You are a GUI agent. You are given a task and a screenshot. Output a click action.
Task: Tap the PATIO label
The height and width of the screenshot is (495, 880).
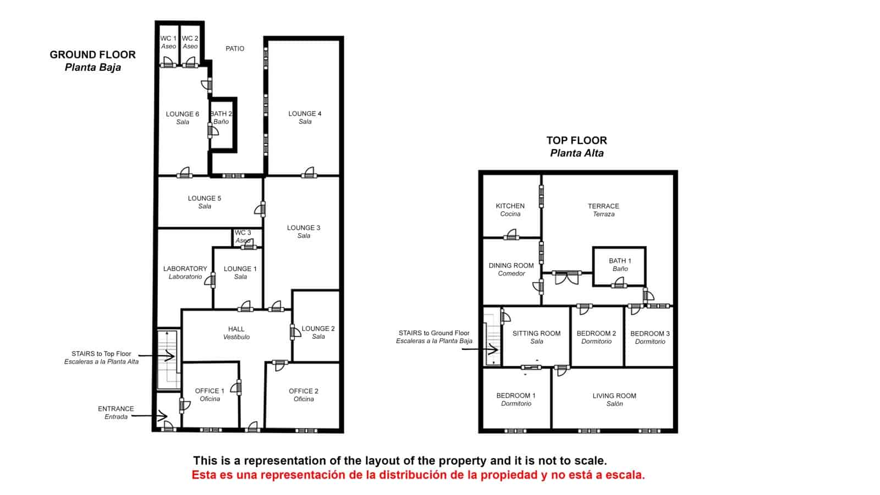(235, 48)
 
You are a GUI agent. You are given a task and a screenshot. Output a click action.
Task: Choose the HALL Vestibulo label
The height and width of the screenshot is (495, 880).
(237, 333)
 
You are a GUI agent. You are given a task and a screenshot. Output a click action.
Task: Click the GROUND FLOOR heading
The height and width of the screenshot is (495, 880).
(92, 55)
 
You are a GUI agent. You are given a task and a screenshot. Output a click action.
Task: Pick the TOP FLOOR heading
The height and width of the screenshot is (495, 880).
(576, 141)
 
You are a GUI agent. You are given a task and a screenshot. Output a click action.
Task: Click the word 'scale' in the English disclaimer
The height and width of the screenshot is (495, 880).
(590, 461)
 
